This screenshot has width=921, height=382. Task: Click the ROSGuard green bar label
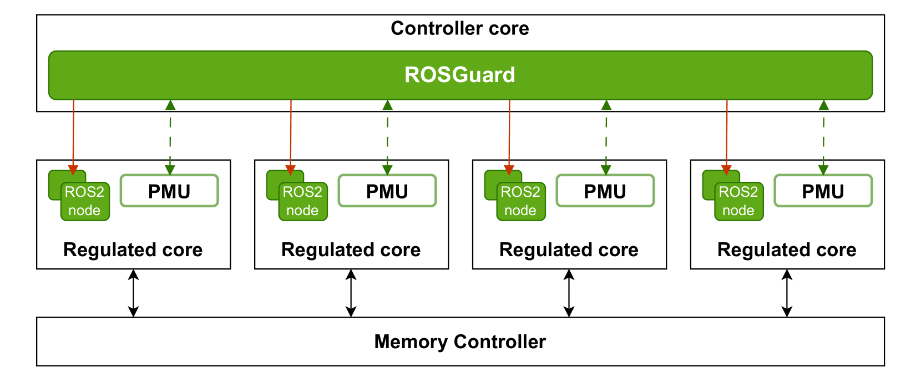point(460,75)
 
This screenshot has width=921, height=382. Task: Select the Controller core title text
point(460,28)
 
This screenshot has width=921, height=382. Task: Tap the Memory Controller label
point(460,342)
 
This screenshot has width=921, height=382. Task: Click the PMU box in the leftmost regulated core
point(169,191)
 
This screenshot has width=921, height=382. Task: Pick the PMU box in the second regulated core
point(387,191)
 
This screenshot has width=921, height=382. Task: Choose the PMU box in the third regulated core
point(605,191)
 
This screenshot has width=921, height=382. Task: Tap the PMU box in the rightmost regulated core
point(823,191)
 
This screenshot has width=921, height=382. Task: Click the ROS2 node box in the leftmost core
point(84,201)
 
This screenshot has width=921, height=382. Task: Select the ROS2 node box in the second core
point(302,201)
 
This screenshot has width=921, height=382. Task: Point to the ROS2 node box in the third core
point(520,201)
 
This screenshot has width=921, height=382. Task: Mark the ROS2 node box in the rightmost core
point(738,201)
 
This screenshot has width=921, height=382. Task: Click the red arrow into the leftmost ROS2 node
point(73,136)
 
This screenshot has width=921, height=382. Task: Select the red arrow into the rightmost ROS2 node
point(727,136)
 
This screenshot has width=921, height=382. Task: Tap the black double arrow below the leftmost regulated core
point(133,293)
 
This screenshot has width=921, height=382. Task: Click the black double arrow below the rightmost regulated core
point(787,293)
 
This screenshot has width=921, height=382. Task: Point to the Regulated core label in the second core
point(351,249)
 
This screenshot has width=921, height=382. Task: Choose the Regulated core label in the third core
point(569,249)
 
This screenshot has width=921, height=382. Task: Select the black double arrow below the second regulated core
point(351,293)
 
